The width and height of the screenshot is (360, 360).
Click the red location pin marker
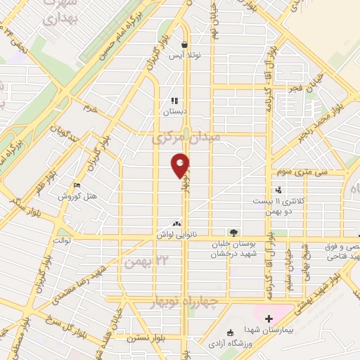pos(181,165)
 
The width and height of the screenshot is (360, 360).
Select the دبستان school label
pos(176,112)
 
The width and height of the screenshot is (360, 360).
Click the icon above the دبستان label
pos(175,101)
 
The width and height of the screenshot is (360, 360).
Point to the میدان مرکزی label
pos(186,138)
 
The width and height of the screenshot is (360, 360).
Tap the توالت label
pos(54,241)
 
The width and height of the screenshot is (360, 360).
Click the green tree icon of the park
pos(233,233)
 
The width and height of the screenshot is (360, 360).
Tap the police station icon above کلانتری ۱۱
pos(279,190)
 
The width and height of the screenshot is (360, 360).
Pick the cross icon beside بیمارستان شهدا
pos(268,319)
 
